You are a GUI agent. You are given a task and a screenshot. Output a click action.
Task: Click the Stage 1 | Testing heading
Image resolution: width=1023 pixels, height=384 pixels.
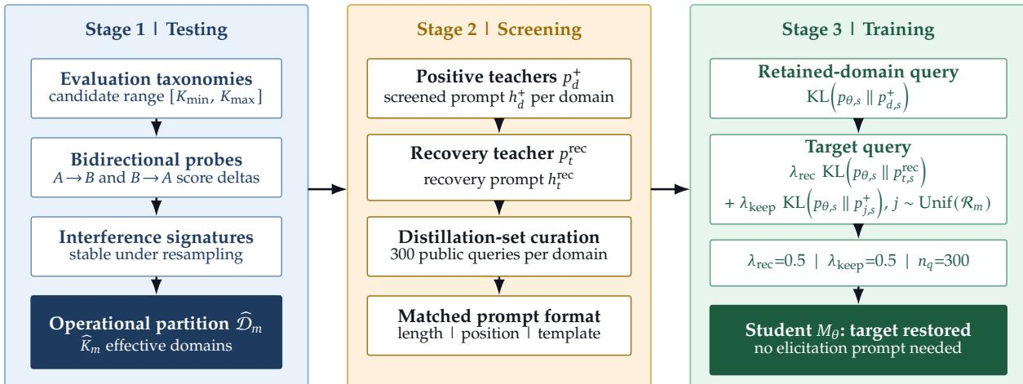point(156,29)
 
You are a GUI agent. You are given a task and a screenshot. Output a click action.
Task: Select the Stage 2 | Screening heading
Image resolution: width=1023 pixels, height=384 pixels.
point(499,29)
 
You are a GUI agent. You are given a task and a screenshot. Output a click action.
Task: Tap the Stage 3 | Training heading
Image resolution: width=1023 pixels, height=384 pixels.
point(858,29)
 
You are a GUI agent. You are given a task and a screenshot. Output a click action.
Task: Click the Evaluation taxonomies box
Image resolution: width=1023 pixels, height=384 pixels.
point(156,88)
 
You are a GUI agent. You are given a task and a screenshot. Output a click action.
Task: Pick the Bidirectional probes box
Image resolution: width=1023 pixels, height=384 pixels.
point(156,168)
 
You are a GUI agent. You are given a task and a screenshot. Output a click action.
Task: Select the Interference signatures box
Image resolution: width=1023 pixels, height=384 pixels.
point(156,246)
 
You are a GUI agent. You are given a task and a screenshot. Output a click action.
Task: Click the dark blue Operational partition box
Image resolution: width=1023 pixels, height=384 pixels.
point(156,332)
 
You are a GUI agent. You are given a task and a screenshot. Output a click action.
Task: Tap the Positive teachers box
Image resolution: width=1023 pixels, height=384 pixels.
point(499,88)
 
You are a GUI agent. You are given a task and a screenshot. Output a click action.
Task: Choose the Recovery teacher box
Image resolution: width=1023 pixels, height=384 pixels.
point(499,168)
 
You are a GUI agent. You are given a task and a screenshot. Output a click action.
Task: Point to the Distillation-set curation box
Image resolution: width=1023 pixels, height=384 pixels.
point(499,246)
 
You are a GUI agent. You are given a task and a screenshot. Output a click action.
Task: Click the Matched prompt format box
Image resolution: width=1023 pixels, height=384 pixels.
point(499,325)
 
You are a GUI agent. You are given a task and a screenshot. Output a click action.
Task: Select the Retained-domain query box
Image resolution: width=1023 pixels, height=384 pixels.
point(858,88)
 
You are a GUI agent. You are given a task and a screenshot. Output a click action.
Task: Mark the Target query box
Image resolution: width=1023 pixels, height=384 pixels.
point(858,179)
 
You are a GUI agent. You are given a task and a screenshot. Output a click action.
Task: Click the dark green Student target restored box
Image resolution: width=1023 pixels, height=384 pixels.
point(858,340)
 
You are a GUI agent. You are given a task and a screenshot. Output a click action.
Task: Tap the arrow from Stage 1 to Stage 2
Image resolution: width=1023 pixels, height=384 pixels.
point(327,188)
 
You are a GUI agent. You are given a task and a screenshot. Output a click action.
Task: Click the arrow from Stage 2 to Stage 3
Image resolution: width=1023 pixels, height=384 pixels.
point(671,188)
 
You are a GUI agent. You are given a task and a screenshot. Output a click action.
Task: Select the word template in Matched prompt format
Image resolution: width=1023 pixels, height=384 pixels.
point(569,333)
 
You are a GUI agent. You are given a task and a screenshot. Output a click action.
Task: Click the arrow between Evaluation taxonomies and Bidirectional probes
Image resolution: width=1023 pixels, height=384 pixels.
point(156,128)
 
